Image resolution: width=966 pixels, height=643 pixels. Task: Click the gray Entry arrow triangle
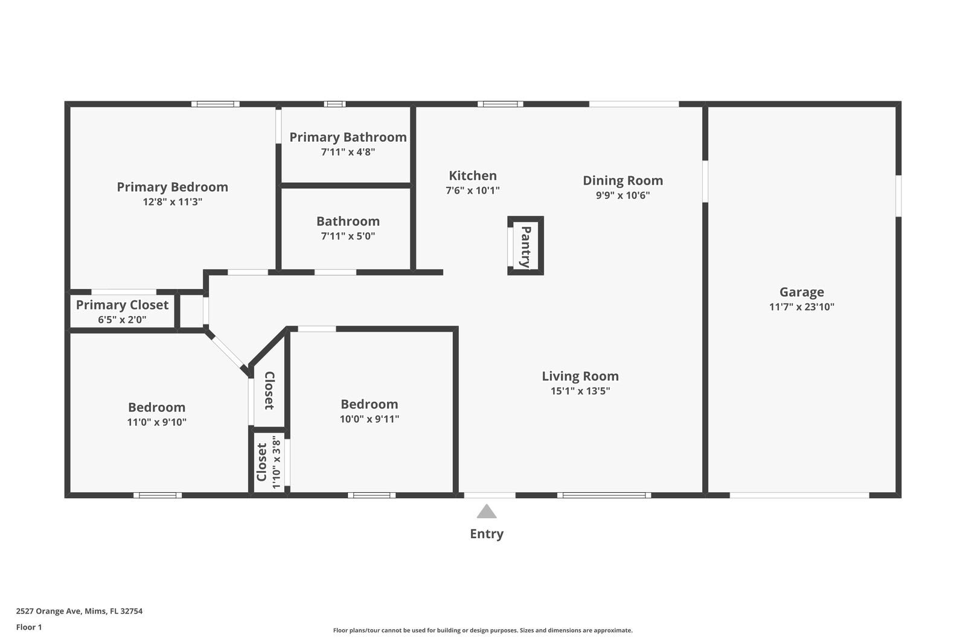[x=487, y=512]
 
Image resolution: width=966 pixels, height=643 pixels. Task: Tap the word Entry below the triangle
[x=487, y=534]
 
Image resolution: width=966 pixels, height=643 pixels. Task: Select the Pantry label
[x=525, y=246]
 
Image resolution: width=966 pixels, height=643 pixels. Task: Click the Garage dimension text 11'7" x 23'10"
[x=801, y=307]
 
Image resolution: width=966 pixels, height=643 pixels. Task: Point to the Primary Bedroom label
[x=172, y=187]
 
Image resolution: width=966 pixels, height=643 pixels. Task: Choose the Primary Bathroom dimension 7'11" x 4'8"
[x=348, y=152]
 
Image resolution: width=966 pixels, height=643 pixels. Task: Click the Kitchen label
[x=473, y=176]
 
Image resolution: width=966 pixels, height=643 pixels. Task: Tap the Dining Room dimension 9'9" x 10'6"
[x=622, y=195]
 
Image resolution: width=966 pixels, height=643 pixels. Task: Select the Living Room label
[x=580, y=376]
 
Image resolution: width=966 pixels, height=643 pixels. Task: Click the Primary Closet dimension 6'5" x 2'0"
[x=122, y=320]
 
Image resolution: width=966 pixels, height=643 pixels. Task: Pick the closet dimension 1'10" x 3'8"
[x=277, y=462]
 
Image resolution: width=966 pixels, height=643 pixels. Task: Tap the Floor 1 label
[x=29, y=627]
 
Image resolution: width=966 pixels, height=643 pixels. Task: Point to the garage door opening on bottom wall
[x=799, y=495]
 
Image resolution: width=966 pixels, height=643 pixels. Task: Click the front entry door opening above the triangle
[x=490, y=495]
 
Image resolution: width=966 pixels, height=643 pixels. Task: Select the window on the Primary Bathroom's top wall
[x=334, y=104]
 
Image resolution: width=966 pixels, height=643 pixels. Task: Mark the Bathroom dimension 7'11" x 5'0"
[x=348, y=236]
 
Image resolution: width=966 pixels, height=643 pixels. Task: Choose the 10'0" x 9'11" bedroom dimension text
[x=369, y=419]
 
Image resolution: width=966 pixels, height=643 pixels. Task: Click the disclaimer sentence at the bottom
[x=482, y=630]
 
